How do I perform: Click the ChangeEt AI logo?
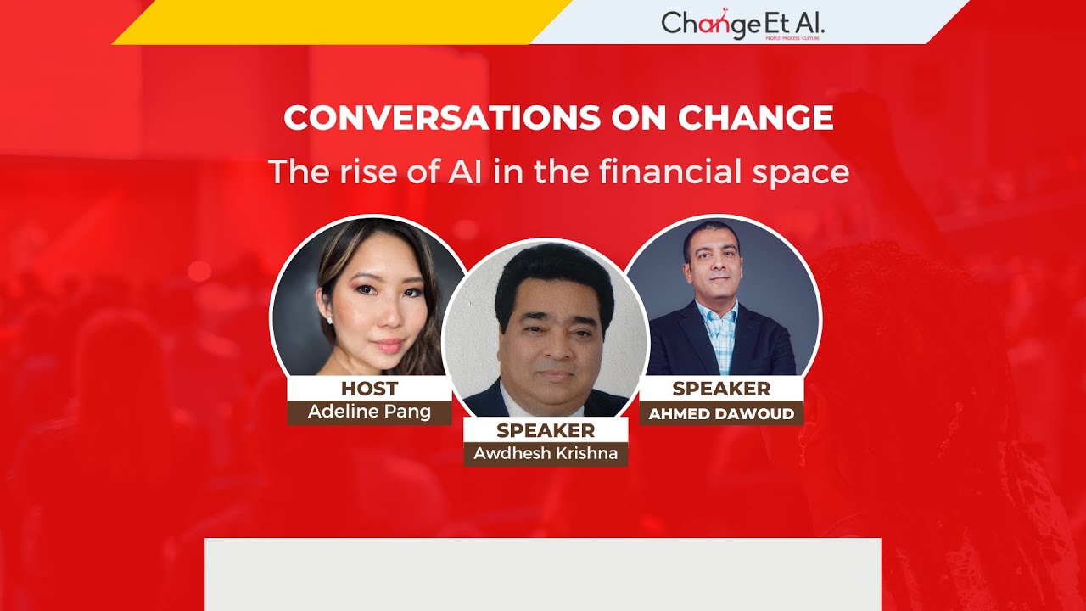[x=742, y=24]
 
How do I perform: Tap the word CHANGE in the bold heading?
[x=755, y=119]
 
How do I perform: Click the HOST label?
[x=369, y=389]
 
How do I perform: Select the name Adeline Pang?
[x=369, y=412]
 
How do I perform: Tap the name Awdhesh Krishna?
[x=546, y=453]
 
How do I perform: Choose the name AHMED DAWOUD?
[x=721, y=414]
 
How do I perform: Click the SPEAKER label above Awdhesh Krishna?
[x=546, y=430]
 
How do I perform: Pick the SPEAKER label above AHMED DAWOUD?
[x=721, y=389]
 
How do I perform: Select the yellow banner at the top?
[x=339, y=22]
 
